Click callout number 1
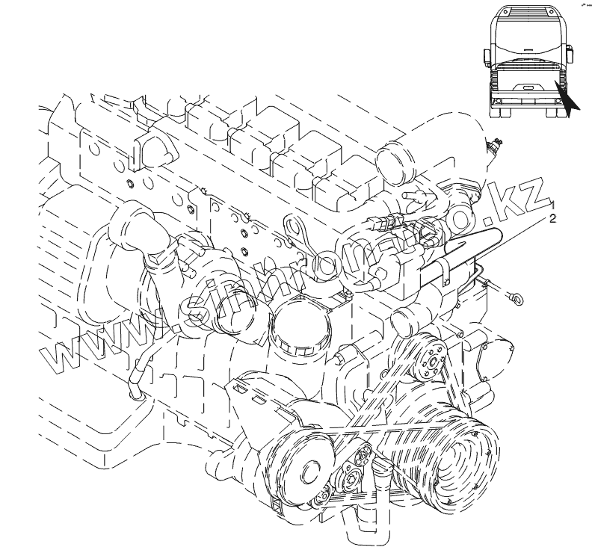[554, 204]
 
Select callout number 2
[554, 219]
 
